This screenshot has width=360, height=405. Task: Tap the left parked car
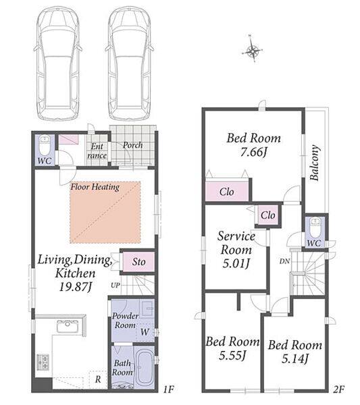click(57, 64)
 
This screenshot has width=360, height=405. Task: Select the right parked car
click(130, 64)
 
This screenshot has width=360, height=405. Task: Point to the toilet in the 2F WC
click(315, 227)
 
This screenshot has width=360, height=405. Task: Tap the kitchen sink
click(68, 326)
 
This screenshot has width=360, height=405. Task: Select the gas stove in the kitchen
click(43, 362)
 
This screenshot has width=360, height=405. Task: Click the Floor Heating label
click(95, 187)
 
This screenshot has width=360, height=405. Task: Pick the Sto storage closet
click(138, 262)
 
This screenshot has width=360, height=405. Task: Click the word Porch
click(132, 145)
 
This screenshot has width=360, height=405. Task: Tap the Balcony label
click(315, 163)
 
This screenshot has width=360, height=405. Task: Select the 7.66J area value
click(253, 152)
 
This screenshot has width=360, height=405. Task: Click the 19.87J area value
click(76, 287)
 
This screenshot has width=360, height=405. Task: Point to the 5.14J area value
click(295, 358)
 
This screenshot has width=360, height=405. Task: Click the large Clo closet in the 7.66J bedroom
click(227, 192)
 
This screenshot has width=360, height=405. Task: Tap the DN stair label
click(284, 261)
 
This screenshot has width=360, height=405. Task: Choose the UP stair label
click(115, 285)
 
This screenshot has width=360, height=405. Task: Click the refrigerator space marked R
click(98, 379)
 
